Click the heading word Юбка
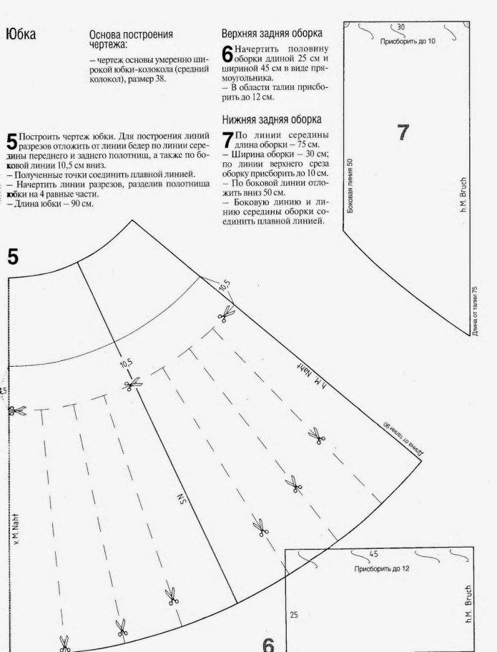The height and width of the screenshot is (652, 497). [21, 34]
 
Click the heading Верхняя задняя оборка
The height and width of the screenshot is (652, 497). [272, 33]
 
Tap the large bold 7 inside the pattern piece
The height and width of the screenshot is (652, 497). [403, 132]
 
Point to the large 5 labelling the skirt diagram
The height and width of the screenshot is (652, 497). [13, 257]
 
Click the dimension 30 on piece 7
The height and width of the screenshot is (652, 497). [400, 27]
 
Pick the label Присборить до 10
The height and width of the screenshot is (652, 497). [408, 41]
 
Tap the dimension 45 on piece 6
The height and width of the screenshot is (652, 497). [373, 554]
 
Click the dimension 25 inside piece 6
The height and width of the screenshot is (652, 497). [294, 614]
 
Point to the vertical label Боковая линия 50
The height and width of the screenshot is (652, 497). [350, 185]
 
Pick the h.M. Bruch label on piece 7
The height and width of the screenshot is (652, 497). [463, 201]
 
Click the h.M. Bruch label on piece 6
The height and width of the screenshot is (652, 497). [468, 604]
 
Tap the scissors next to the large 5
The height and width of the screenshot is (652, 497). [19, 411]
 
